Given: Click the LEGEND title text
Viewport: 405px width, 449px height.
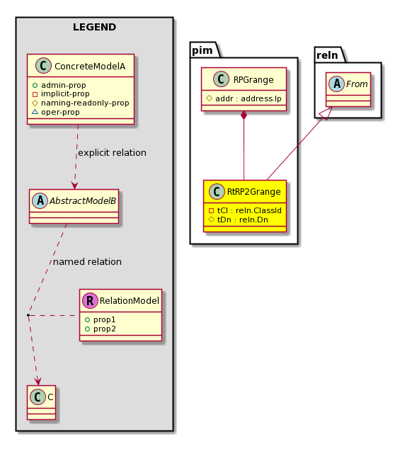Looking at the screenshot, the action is pyautogui.click(x=94, y=27).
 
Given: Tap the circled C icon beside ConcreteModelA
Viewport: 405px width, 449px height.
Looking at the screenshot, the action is pyautogui.click(x=43, y=66).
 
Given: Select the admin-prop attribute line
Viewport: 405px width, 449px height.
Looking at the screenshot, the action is pyautogui.click(x=59, y=85).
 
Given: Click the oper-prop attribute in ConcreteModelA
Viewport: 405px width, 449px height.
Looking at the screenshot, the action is pyautogui.click(x=56, y=112).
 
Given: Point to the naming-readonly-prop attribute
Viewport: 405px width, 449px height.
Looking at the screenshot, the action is pyautogui.click(x=81, y=103).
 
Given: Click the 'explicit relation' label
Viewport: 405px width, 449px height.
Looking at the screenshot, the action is pyautogui.click(x=112, y=153).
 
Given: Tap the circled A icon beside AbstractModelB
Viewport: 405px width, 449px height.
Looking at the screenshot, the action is pyautogui.click(x=40, y=200).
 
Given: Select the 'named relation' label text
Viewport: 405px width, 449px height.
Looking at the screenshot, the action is pyautogui.click(x=87, y=262).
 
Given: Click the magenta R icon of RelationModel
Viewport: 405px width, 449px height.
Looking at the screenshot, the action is pyautogui.click(x=90, y=300).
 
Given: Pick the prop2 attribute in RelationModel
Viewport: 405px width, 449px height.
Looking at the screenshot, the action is pyautogui.click(x=100, y=329).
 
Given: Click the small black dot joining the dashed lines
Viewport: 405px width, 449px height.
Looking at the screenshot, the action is pyautogui.click(x=28, y=315).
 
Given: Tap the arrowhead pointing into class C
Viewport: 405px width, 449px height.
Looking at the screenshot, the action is pyautogui.click(x=38, y=382).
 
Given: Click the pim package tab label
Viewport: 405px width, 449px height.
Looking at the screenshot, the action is pyautogui.click(x=202, y=50).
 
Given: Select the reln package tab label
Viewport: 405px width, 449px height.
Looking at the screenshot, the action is pyautogui.click(x=327, y=55).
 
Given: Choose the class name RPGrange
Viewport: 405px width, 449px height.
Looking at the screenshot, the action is pyautogui.click(x=253, y=79).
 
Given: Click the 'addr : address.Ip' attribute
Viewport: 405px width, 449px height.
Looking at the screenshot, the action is pyautogui.click(x=244, y=98).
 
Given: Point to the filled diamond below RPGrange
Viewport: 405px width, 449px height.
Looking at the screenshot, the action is pyautogui.click(x=244, y=115).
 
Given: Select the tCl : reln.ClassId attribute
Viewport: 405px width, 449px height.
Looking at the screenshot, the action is pyautogui.click(x=245, y=210).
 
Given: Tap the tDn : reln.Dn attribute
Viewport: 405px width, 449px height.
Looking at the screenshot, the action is pyautogui.click(x=238, y=220).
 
